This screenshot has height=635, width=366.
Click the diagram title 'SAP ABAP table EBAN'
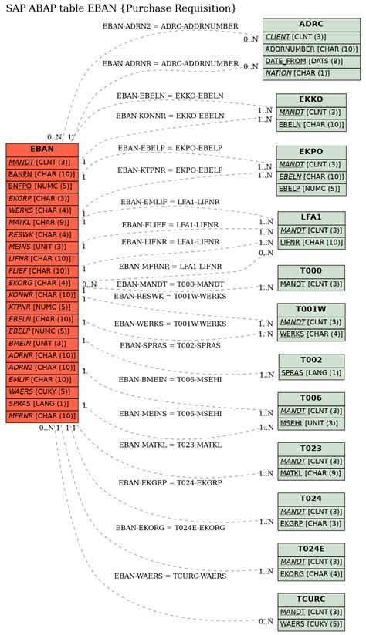click(x=121, y=8)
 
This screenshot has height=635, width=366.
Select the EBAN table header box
click(x=42, y=149)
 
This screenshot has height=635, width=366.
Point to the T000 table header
click(x=310, y=271)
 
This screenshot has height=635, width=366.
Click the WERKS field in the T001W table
click(x=310, y=334)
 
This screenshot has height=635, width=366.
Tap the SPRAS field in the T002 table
click(x=310, y=373)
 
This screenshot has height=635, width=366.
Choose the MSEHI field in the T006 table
click(x=310, y=423)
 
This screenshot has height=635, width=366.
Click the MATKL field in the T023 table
click(x=310, y=473)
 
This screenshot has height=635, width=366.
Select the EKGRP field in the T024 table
click(x=310, y=523)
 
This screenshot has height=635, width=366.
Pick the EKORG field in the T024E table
click(x=310, y=573)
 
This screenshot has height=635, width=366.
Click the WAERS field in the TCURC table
click(x=310, y=623)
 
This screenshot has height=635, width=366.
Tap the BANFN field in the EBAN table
click(x=42, y=174)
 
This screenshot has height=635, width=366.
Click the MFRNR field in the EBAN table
click(x=42, y=416)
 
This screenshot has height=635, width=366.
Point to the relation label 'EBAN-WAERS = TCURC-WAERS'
click(x=170, y=576)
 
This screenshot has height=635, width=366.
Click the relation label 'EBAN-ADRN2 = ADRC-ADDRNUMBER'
click(x=170, y=26)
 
